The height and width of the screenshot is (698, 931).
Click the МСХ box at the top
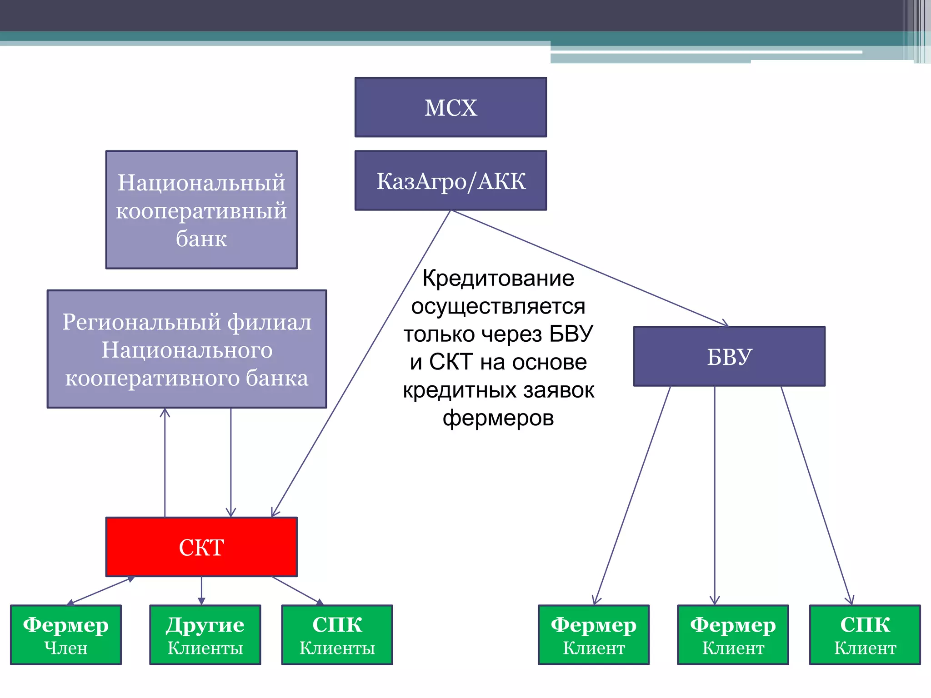coord(450,107)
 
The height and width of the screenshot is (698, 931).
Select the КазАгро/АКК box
coord(450,180)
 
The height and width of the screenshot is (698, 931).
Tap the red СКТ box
coord(201,547)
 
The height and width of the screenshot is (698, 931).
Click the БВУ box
coord(729,356)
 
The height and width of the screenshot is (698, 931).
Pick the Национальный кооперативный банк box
coord(201,209)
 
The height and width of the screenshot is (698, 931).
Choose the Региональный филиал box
coord(187,349)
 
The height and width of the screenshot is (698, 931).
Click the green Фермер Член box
coord(66,635)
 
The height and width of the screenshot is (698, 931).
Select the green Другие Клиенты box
coord(205,635)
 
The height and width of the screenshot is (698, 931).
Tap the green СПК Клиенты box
coord(337,635)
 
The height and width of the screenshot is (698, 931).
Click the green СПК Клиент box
coord(865,635)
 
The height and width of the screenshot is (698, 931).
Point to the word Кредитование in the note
coord(498,278)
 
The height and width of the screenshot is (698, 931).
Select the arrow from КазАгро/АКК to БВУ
coord(591,268)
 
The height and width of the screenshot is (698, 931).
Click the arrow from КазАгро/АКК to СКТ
coord(361,364)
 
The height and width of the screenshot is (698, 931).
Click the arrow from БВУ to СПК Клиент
coord(816,495)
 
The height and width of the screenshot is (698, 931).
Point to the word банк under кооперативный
coord(201,239)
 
